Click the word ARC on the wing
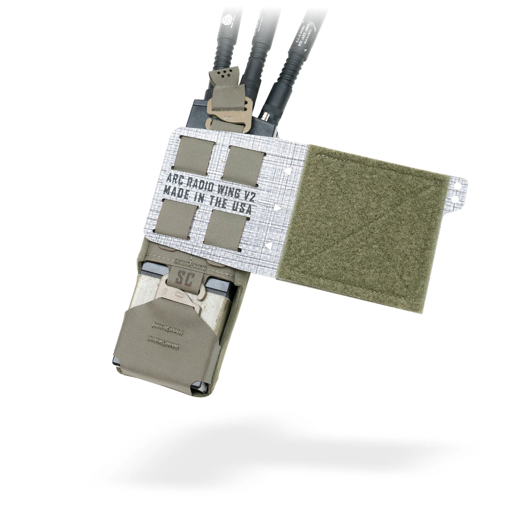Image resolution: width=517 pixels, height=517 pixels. (175, 179)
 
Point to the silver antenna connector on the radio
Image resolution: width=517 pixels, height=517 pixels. (264, 116)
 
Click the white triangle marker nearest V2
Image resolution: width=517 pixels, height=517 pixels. (287, 170)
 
